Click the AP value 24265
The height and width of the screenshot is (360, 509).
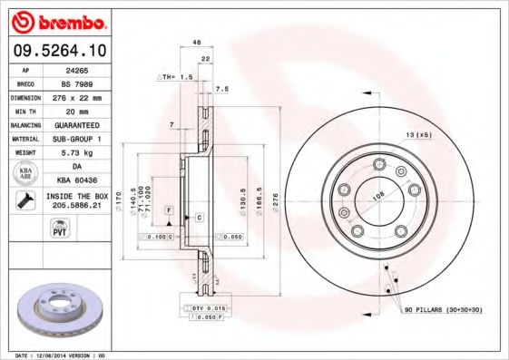tap(76, 68)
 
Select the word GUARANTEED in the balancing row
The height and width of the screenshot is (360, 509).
tap(76, 123)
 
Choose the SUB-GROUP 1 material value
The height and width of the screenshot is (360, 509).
tap(76, 138)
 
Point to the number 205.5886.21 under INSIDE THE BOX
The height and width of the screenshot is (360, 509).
tap(76, 207)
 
